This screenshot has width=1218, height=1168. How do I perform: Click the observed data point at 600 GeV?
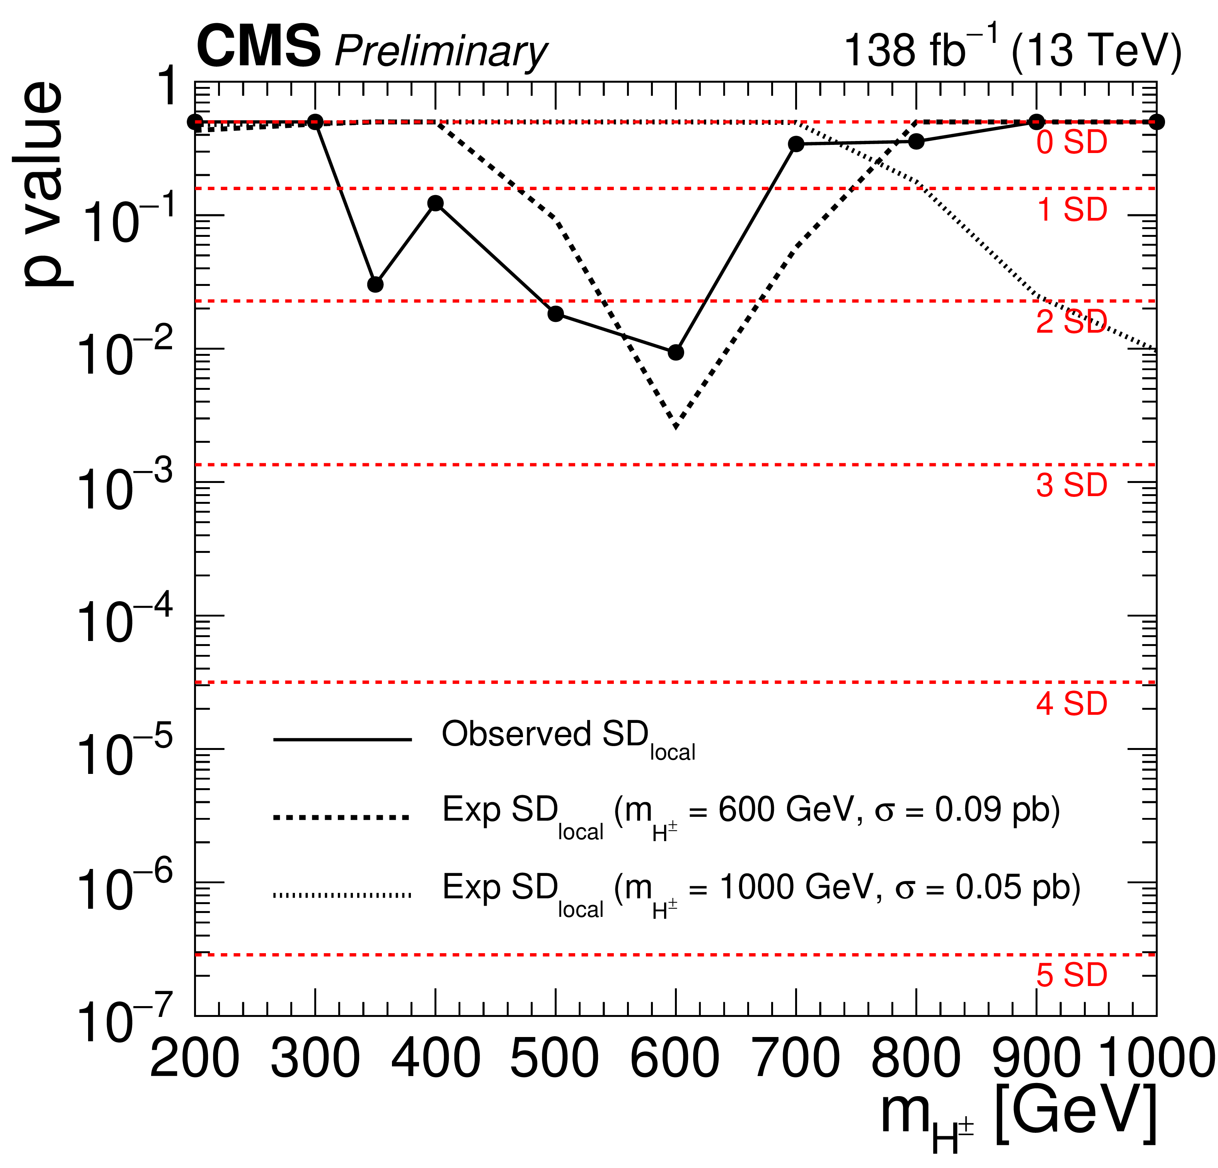tap(676, 352)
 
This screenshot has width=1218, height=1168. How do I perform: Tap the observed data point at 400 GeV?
tap(436, 203)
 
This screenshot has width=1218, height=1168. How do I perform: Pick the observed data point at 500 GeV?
tap(555, 314)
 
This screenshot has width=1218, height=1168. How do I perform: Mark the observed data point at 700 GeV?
tap(796, 144)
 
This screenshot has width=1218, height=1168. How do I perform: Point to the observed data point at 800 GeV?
tap(916, 142)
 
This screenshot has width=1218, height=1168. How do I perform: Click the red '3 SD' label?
tap(1071, 485)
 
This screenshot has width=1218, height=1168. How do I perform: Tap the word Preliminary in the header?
tap(441, 51)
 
